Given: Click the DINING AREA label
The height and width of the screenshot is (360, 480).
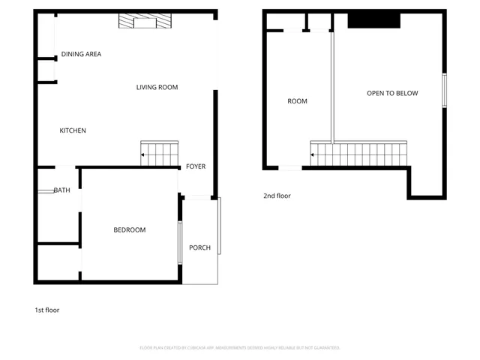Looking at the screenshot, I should [81, 54].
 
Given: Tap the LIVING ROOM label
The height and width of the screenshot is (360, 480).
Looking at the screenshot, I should [157, 88].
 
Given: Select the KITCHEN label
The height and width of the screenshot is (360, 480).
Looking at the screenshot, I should [73, 130].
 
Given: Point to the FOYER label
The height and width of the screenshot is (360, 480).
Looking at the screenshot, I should [196, 166].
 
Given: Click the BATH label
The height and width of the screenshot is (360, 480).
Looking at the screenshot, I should [61, 190].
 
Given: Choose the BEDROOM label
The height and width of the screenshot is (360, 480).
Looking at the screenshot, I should [130, 229].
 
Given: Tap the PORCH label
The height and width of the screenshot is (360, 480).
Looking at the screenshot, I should [199, 247].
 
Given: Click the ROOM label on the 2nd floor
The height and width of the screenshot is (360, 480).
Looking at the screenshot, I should [297, 101].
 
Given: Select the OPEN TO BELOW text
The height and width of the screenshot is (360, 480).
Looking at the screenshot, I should [391, 93].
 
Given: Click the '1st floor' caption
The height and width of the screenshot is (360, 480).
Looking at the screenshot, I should [46, 310].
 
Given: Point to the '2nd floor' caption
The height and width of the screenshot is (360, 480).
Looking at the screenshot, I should [277, 196].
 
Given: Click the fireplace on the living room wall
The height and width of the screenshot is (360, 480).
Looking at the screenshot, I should [143, 22].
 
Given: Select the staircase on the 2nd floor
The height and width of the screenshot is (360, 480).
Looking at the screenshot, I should [359, 154].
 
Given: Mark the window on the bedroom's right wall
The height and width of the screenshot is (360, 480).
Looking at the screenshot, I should [180, 242].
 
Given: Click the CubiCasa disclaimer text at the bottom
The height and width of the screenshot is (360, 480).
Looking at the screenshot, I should [240, 347].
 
